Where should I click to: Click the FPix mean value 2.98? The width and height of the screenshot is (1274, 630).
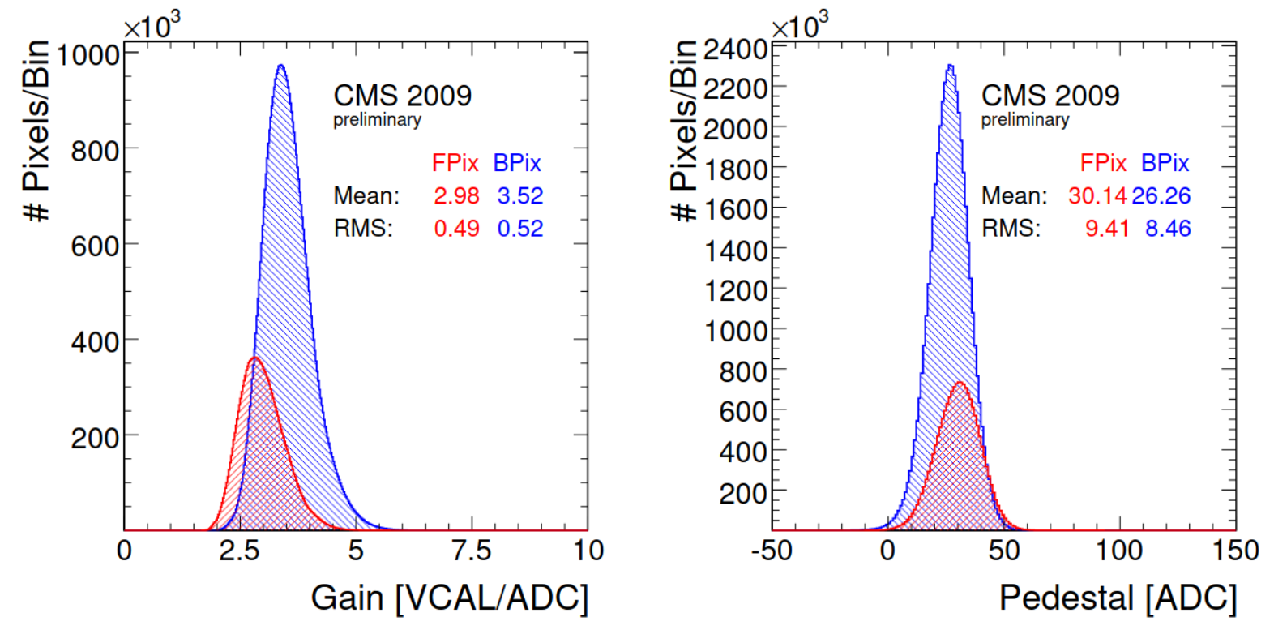click(x=456, y=196)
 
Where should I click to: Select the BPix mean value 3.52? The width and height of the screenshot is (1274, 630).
click(x=520, y=196)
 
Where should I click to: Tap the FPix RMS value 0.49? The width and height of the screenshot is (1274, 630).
click(x=456, y=229)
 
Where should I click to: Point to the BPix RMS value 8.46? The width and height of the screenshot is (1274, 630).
click(x=1168, y=229)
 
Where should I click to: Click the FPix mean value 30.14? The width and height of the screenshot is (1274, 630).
click(x=1097, y=196)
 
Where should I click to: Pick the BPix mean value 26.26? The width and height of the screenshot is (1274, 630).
click(x=1161, y=196)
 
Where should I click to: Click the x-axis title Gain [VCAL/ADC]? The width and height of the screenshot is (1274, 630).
click(x=449, y=598)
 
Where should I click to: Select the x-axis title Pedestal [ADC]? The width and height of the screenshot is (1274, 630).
click(x=1118, y=598)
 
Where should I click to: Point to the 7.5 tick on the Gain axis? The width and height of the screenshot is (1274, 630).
click(x=472, y=551)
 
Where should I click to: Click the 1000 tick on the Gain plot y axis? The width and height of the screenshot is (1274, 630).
click(x=88, y=55)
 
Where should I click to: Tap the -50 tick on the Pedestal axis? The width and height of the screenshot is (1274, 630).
click(x=772, y=551)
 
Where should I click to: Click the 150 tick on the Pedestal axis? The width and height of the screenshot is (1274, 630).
click(x=1235, y=551)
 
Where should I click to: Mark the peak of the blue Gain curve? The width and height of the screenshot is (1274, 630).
click(x=280, y=66)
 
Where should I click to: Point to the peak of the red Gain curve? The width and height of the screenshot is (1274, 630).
click(x=254, y=358)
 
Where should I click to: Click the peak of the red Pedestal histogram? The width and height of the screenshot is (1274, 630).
click(x=960, y=382)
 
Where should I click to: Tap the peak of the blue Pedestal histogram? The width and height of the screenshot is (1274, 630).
click(x=950, y=66)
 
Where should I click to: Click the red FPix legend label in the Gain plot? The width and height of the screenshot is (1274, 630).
click(x=455, y=163)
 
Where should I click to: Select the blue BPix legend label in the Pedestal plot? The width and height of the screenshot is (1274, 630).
click(x=1165, y=163)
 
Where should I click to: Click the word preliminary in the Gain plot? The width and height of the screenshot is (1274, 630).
click(x=377, y=120)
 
